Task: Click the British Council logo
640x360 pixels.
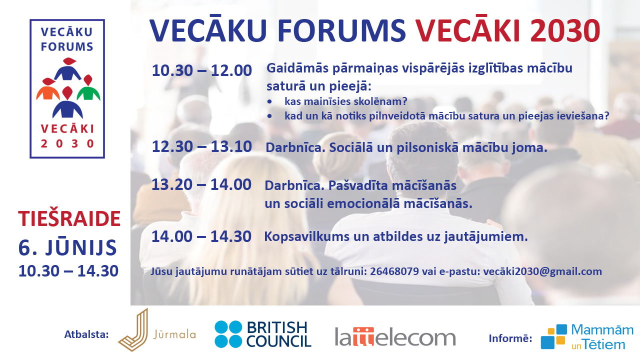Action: pos(263,334)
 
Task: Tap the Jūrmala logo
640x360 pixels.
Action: pos(157,330)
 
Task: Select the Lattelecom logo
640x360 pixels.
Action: pos(395,336)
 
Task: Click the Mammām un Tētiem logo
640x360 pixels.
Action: pos(587,337)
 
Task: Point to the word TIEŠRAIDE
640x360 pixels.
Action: pos(69,219)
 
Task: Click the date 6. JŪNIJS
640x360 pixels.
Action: pos(67,247)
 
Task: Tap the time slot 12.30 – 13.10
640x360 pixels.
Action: pos(201,146)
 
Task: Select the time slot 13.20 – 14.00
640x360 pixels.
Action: pos(201,184)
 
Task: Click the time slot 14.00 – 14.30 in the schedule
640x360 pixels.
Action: pos(201,236)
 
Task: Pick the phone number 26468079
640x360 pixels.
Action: pos(394,271)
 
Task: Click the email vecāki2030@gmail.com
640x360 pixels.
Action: pos(542,271)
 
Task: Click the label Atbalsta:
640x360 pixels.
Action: pos(86,334)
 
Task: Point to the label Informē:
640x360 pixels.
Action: pos(510,338)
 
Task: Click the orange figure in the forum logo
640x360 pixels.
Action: pos(47,89)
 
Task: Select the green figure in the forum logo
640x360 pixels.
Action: pos(88,88)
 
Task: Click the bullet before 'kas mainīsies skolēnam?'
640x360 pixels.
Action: pos(269,101)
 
